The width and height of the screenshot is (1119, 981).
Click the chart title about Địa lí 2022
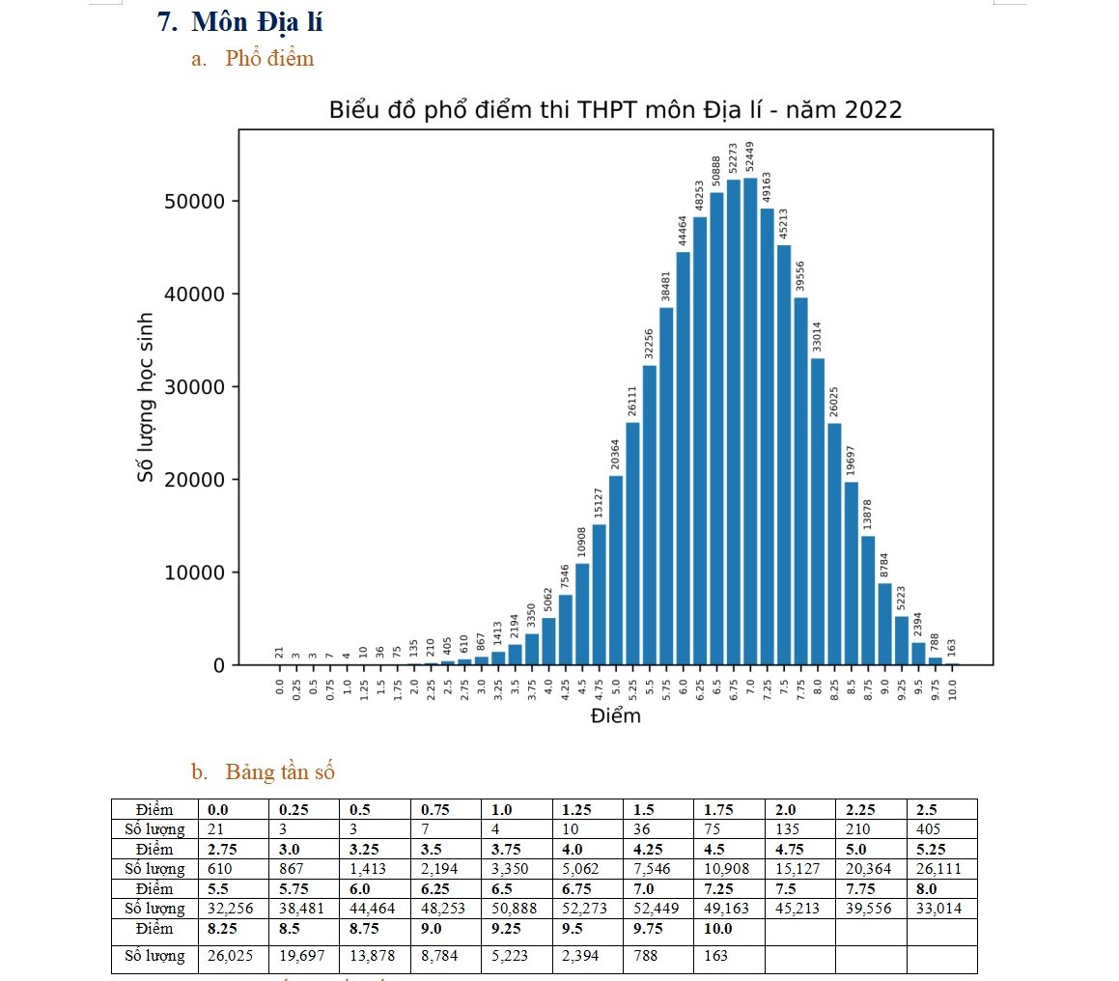click(615, 110)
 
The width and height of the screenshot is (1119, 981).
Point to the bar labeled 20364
click(616, 570)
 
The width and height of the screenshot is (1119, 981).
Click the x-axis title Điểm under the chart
click(615, 716)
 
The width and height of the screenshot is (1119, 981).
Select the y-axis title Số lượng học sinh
click(146, 397)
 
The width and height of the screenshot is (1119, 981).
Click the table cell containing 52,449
click(657, 909)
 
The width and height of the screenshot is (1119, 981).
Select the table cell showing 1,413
click(373, 869)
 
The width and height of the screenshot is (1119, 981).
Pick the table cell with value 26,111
click(940, 869)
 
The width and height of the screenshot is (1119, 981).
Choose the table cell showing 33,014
click(940, 909)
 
